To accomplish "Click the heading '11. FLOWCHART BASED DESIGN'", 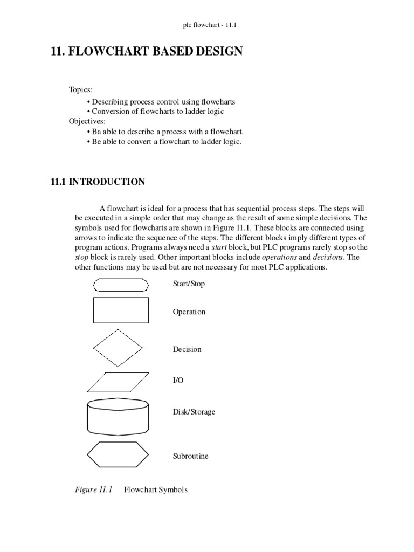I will click(147, 52).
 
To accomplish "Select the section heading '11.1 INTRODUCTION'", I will click(98, 182).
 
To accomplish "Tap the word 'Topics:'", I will click(81, 89).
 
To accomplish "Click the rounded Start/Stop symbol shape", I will click(121, 285).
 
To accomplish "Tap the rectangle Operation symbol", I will click(121, 311).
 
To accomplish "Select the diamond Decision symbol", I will click(118, 349).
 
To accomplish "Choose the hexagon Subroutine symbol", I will click(118, 454).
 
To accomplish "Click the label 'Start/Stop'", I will click(189, 284).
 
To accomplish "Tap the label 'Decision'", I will click(187, 349).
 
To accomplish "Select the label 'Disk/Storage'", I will click(194, 412).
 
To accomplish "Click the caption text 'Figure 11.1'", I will click(93, 490).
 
